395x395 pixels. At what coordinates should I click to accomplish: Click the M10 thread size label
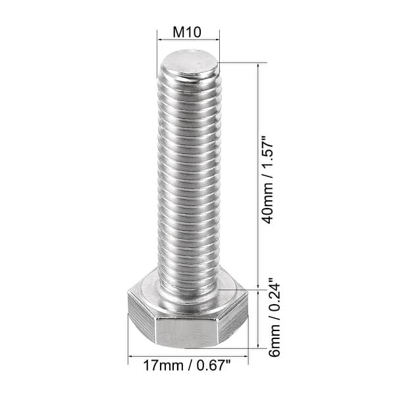click(188, 32)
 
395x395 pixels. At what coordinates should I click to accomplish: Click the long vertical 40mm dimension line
click(257, 178)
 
